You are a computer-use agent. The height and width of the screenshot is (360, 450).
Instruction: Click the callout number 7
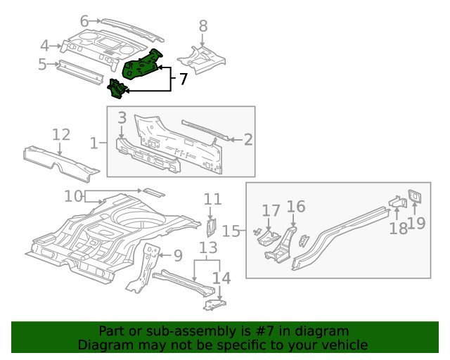[183, 79]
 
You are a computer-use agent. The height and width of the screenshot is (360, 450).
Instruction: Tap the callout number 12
[61, 134]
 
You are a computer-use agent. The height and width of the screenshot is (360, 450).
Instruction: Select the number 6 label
[84, 21]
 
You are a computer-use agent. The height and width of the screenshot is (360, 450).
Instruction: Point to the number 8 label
[203, 26]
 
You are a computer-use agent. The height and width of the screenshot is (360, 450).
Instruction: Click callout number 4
[45, 46]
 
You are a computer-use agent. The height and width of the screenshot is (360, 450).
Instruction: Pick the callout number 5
[42, 65]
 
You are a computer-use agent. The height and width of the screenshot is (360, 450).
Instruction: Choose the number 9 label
[178, 255]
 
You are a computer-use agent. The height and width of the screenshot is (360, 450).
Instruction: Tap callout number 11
[212, 199]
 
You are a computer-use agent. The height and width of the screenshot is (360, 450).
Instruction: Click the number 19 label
[417, 224]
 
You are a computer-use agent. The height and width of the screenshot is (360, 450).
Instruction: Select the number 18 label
[398, 229]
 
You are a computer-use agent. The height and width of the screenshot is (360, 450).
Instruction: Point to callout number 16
[296, 206]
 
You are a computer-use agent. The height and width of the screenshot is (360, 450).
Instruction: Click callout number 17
[271, 210]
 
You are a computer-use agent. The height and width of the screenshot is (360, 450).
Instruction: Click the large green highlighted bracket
[143, 64]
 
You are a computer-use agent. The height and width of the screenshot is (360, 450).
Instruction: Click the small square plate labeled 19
[415, 195]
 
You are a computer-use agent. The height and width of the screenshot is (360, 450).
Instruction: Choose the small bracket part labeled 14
[215, 304]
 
